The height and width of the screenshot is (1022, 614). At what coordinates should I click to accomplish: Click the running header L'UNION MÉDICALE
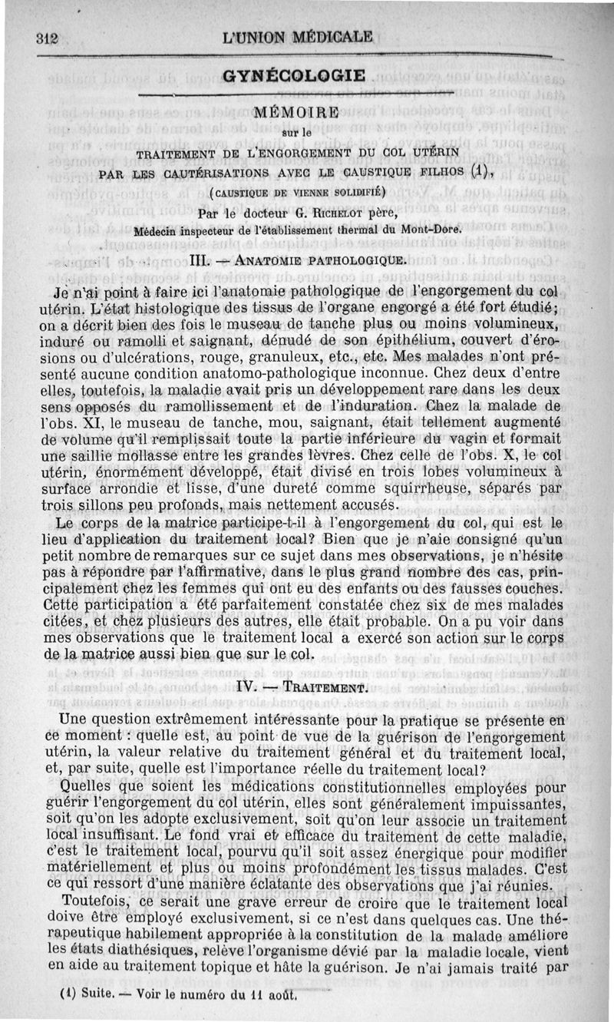tap(297, 36)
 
